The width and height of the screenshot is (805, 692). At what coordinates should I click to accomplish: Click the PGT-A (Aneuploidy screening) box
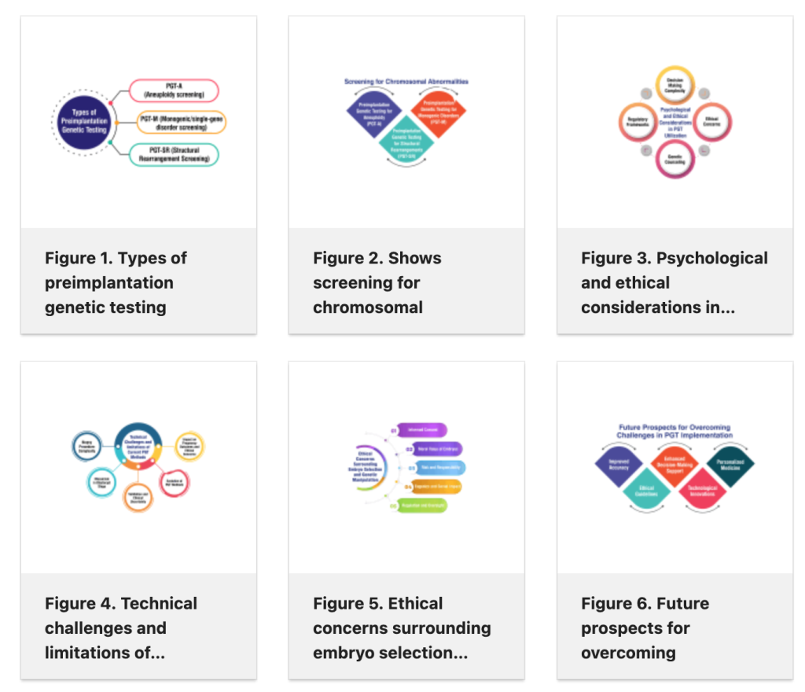click(174, 90)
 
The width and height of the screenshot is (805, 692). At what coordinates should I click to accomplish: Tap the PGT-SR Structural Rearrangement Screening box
click(174, 154)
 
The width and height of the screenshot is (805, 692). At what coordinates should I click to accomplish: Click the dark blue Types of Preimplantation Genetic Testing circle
click(83, 122)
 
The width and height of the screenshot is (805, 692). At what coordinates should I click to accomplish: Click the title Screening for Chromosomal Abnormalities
click(406, 81)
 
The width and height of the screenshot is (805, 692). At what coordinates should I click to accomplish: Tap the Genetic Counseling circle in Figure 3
click(675, 160)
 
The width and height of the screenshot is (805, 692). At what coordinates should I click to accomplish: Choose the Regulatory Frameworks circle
click(638, 123)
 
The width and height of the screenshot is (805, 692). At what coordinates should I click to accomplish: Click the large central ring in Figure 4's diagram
click(138, 446)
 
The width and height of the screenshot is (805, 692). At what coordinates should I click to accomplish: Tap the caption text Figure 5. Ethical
click(377, 603)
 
